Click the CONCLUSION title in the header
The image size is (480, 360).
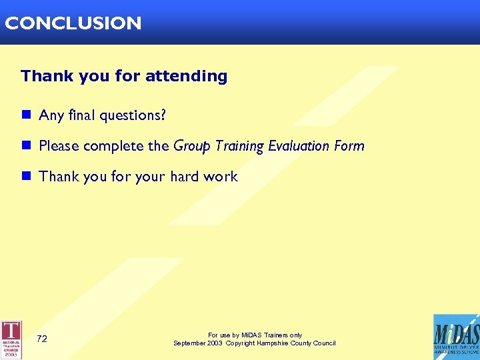73,23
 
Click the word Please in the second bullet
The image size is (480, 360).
59,146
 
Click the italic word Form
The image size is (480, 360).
350,146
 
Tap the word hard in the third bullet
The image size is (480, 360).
185,177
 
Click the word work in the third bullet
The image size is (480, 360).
221,177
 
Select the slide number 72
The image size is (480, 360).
42,339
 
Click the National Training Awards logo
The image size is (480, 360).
11,339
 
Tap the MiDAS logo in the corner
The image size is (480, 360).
456,337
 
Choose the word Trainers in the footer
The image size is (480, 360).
265,335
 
